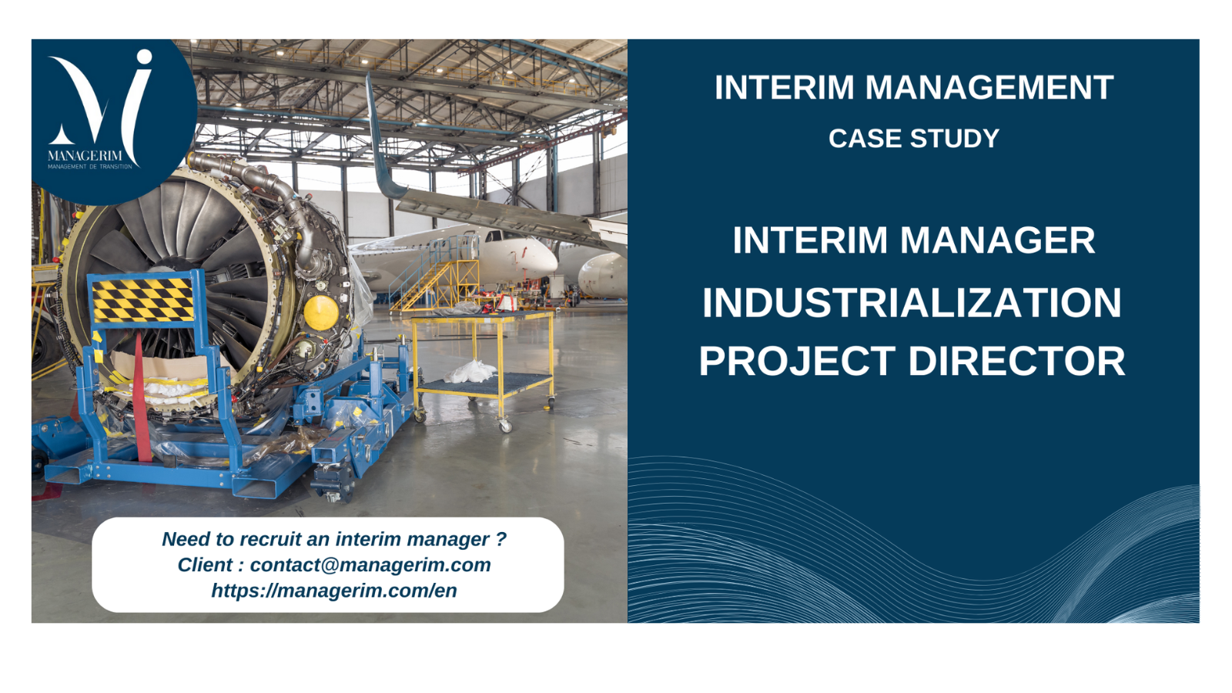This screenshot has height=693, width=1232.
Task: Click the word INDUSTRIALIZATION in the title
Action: coord(912,303)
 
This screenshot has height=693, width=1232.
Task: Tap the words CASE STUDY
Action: coord(913,139)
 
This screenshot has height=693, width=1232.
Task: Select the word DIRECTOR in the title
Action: coord(1016,361)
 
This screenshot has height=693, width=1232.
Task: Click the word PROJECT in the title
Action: coord(797,361)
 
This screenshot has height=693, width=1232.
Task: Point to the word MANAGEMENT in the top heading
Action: coord(989,88)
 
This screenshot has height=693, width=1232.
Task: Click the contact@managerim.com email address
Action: coord(370,565)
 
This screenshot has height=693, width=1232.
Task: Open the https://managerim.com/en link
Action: coord(334,590)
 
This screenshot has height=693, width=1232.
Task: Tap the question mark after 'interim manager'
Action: coord(500,538)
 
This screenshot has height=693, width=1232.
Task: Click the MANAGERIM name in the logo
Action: coord(85,156)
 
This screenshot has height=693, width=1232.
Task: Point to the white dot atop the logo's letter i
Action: coord(144,57)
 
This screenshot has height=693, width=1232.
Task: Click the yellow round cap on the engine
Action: coord(320,313)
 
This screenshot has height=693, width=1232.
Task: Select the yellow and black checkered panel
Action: coord(143,300)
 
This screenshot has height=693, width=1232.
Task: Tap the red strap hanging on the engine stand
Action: coord(141,396)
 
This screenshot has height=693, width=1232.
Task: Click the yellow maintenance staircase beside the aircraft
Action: coord(434,275)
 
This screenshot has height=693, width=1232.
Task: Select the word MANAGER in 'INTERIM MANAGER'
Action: coord(997,241)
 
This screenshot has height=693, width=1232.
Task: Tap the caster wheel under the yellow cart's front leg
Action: coord(505,425)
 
